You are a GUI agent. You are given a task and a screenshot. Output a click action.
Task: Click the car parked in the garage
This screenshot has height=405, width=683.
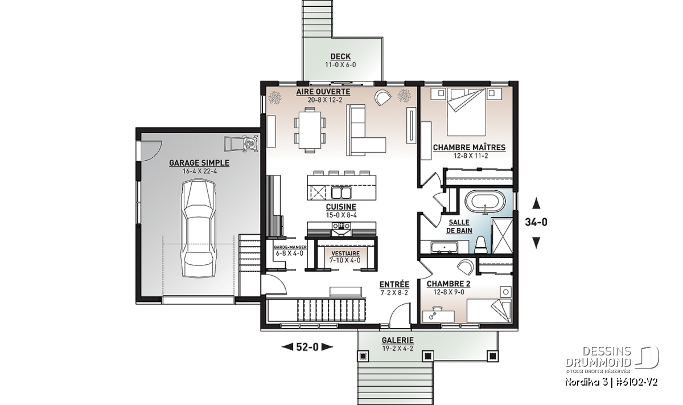click(199, 228)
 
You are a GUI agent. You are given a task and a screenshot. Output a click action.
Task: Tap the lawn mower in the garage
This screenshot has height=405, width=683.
click(241, 144)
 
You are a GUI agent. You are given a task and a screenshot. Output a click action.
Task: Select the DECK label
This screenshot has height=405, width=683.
click(340, 56)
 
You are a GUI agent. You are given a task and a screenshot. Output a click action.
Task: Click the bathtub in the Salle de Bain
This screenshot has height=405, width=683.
click(484, 202)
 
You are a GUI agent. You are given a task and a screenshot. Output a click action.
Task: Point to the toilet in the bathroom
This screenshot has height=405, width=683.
click(482, 245)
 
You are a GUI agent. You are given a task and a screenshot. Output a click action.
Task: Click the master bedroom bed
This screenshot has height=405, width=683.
click(466, 112)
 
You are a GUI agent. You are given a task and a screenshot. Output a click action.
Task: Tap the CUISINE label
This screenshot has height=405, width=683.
click(341, 207)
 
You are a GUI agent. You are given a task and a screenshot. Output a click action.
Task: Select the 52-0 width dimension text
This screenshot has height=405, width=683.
click(307, 347)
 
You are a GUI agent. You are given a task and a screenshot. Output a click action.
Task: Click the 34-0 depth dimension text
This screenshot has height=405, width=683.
click(536, 222)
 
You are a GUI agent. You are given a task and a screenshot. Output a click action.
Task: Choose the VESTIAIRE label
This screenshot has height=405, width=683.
click(345, 253)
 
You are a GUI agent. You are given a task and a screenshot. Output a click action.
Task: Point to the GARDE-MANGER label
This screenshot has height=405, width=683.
click(290, 247)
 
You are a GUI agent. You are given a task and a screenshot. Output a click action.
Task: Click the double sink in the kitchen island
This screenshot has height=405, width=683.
click(341, 193)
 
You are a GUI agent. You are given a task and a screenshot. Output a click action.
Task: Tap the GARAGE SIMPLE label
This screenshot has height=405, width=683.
click(199, 163)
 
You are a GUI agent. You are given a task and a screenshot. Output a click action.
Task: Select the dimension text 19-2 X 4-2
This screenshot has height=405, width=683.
click(397, 348)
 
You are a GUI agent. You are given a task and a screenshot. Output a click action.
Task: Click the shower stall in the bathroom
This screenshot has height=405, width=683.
click(502, 236)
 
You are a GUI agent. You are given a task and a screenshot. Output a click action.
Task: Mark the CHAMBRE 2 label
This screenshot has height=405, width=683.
click(449, 284)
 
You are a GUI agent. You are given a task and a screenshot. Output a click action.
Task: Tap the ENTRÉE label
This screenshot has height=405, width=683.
click(394, 284)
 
